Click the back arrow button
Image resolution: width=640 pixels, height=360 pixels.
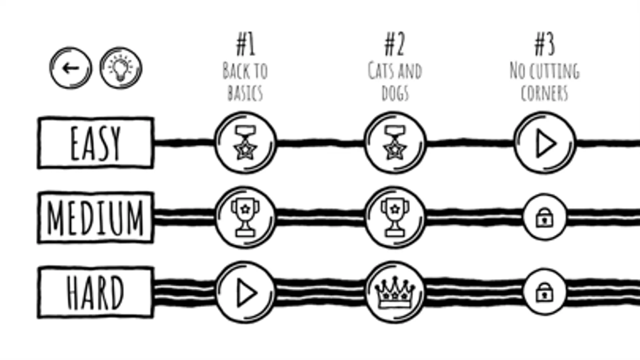(x=71, y=68)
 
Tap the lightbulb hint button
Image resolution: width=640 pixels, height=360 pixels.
(x=121, y=68)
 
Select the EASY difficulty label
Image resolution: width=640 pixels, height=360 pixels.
(x=96, y=143)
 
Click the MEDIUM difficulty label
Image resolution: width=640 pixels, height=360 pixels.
(x=96, y=217)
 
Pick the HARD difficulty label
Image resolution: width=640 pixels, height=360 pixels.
(x=96, y=292)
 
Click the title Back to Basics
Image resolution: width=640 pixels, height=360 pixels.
(x=245, y=82)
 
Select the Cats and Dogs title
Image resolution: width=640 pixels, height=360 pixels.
(x=395, y=82)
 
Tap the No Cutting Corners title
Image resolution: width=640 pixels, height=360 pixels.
(x=545, y=82)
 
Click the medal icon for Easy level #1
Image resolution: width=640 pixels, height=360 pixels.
(x=245, y=143)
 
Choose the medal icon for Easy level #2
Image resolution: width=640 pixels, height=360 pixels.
(x=395, y=143)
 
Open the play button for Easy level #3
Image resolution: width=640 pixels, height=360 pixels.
(x=545, y=143)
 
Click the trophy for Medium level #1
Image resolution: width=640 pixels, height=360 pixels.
(x=245, y=217)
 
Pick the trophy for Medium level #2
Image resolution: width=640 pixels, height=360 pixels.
(x=395, y=217)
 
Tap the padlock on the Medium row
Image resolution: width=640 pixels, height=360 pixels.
(x=544, y=217)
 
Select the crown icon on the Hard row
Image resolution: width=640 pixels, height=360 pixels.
(x=395, y=292)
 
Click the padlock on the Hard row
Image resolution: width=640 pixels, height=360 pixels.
(x=544, y=292)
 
